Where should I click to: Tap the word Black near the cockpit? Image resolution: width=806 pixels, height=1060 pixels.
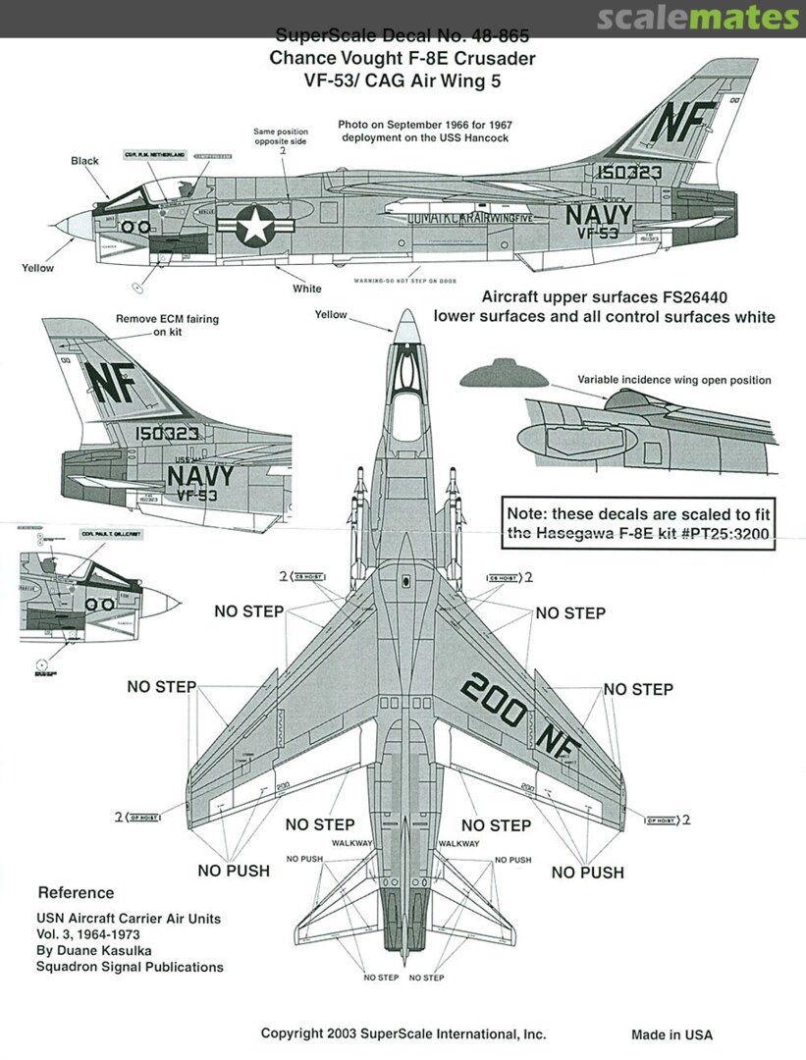click(85, 160)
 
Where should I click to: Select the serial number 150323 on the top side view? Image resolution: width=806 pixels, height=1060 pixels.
click(627, 172)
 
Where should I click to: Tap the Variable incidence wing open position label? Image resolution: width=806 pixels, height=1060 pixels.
click(673, 380)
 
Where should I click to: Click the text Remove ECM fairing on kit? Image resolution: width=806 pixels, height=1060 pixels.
click(168, 325)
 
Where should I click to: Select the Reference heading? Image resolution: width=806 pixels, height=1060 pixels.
click(76, 893)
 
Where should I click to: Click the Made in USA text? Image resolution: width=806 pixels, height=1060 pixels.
click(672, 1034)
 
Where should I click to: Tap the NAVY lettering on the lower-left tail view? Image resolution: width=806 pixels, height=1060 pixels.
click(200, 476)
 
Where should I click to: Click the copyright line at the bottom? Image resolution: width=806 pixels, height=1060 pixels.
click(403, 1033)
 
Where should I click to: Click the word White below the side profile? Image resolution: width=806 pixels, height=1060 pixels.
click(306, 289)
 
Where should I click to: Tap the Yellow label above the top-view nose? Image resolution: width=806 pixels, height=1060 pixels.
click(331, 315)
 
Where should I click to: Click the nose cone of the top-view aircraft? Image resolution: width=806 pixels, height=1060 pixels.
click(406, 328)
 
